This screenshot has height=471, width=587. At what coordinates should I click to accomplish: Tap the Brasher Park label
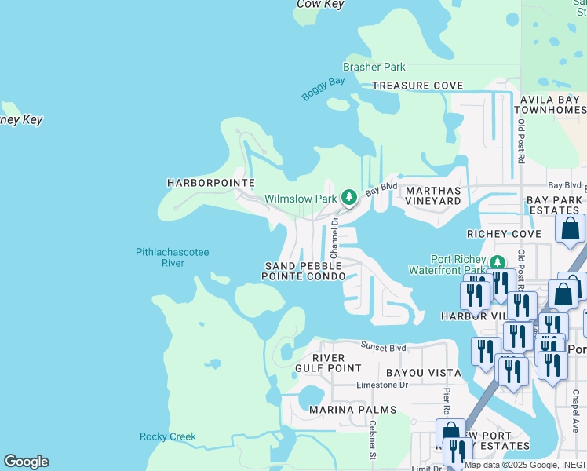pos(374,68)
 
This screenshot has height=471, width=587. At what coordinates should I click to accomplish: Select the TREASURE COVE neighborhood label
pos(417,86)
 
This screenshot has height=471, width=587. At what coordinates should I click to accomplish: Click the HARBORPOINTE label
pos(211,183)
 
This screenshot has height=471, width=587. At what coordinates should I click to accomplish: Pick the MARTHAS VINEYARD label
pos(432,195)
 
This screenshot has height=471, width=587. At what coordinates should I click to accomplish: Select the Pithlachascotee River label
pos(159,257)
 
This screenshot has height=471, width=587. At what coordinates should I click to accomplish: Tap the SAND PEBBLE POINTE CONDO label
pos(304,272)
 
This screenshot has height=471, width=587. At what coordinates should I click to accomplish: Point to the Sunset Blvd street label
pos(383,346)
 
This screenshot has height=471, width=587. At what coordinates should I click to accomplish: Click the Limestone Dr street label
pos(382,385)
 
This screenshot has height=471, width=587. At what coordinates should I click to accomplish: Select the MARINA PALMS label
pos(348,410)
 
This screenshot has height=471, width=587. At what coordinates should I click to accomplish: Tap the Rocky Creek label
pos(167,436)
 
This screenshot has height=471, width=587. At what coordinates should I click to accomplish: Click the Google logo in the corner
pos(26,462)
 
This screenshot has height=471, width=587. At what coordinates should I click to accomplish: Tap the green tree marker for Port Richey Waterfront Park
pos(496,261)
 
